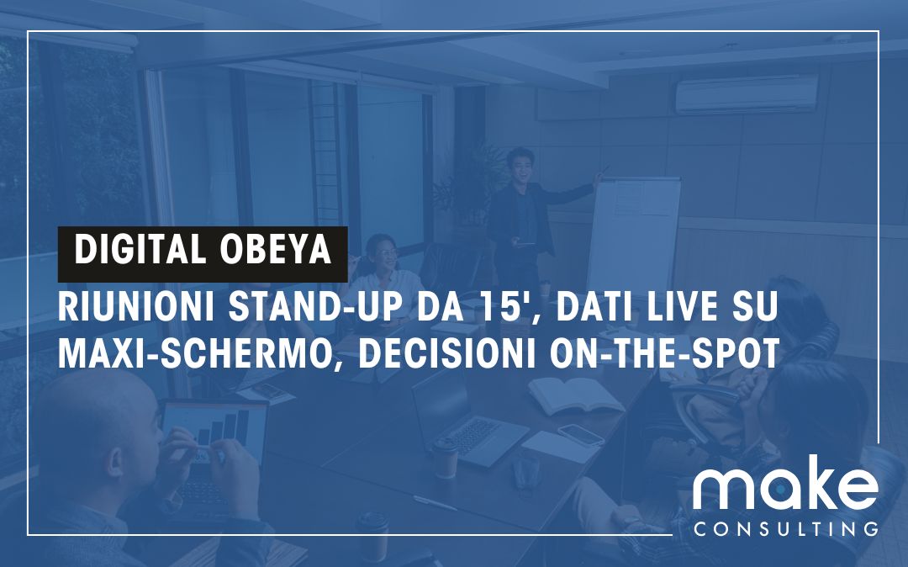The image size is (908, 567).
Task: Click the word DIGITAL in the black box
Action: pos(140,249)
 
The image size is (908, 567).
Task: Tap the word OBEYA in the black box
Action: pos(276,249)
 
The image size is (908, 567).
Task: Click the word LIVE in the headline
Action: pos(682,307)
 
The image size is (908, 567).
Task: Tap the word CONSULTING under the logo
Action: pos(785,529)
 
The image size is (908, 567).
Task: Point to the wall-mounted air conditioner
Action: pos(747,94)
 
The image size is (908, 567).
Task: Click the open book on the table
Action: pos(575,395)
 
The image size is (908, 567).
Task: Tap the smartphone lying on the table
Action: pos(581,435)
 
